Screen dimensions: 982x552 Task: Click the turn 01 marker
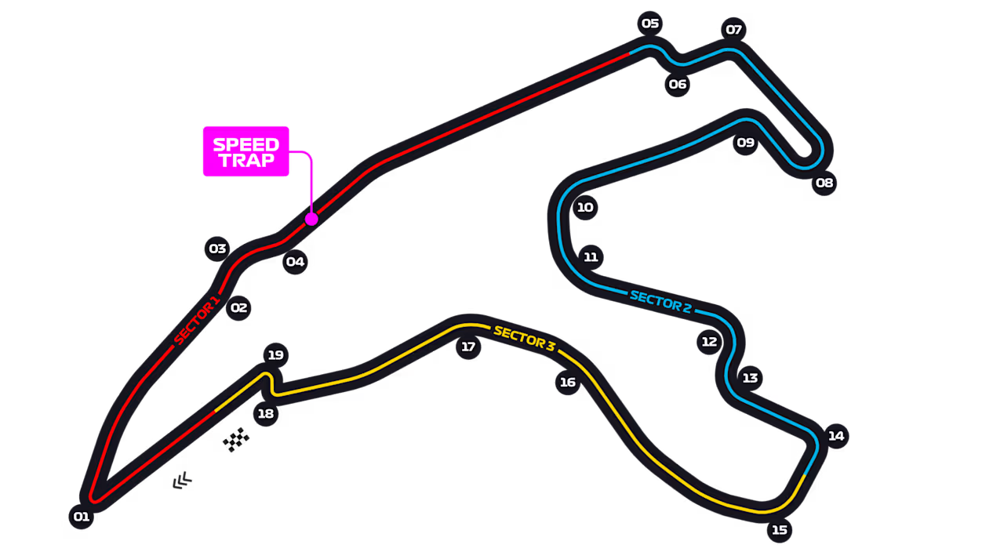pos(82,517)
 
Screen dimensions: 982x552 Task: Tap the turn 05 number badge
pos(650,24)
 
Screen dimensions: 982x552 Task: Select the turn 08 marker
pos(824,183)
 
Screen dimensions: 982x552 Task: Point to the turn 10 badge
pos(585,207)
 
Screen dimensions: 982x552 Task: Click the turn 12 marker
pos(709,342)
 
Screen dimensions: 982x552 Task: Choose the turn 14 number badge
pos(836,436)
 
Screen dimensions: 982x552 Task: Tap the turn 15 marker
pos(780,530)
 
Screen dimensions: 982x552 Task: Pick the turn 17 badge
pos(468,347)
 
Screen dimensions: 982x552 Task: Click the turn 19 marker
pos(276,355)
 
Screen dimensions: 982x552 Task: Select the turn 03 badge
pos(217,249)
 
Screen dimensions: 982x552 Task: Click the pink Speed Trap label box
pos(246,151)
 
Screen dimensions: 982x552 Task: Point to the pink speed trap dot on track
pos(311,219)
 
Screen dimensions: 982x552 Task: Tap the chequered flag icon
pos(236,440)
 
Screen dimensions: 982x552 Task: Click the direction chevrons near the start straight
pos(183,481)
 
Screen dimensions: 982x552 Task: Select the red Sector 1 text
pos(196,321)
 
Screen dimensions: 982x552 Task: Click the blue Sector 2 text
pos(660,302)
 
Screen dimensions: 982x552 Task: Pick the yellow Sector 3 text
pos(525,339)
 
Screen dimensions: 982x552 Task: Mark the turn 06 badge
pos(678,84)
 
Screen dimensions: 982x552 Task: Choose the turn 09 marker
pos(745,143)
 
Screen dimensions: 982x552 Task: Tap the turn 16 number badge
pos(568,383)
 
